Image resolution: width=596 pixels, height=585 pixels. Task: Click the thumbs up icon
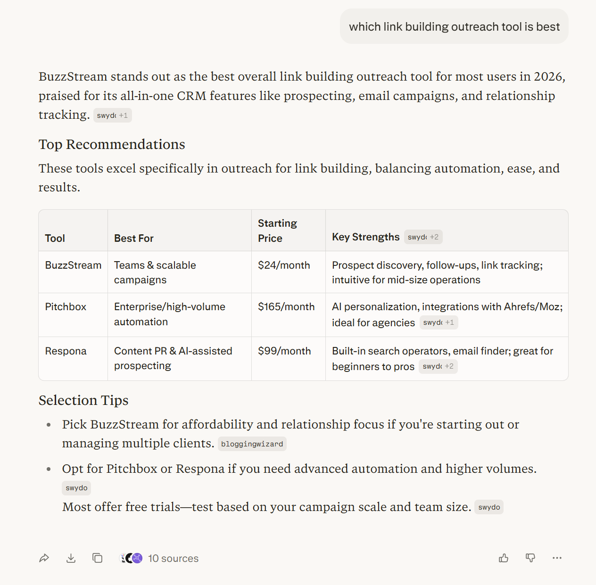(x=504, y=558)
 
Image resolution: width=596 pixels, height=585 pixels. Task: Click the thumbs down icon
(x=530, y=558)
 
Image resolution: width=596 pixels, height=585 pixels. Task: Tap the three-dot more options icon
(x=557, y=558)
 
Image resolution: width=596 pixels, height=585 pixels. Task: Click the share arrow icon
(x=44, y=558)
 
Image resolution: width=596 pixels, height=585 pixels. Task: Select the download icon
(x=71, y=558)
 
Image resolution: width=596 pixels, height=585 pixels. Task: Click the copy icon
(x=98, y=558)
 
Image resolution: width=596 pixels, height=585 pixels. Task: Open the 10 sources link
(x=173, y=558)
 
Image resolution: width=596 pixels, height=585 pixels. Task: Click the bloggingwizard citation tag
(x=252, y=444)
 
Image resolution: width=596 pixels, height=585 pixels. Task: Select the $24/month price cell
(x=284, y=265)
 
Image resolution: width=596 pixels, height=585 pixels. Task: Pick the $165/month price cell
(x=286, y=307)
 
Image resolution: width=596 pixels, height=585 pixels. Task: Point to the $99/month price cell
(x=284, y=351)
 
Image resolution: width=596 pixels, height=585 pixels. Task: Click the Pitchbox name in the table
(x=66, y=307)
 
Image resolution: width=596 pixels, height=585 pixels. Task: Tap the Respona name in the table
(x=66, y=351)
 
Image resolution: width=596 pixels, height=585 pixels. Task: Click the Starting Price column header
(x=277, y=231)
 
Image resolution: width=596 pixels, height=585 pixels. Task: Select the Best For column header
(x=134, y=239)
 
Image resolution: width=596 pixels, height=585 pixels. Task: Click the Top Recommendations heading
(x=112, y=144)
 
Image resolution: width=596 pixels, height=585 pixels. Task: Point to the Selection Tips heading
(x=83, y=400)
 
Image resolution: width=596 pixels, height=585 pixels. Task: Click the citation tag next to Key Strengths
(x=423, y=237)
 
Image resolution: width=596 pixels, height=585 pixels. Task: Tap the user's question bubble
(x=454, y=27)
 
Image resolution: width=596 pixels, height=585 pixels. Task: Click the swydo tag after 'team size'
(x=489, y=507)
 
